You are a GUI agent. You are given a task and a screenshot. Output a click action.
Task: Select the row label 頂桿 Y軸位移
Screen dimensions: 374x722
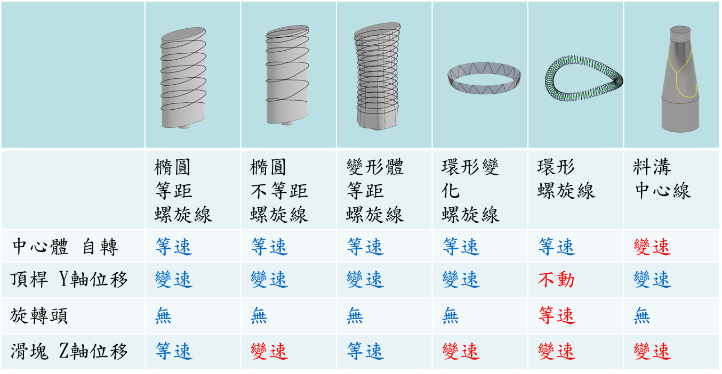point(69,279)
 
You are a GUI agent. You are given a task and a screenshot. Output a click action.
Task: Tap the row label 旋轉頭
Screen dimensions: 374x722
point(39,316)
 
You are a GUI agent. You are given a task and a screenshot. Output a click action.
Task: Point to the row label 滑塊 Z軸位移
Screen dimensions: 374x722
point(69,352)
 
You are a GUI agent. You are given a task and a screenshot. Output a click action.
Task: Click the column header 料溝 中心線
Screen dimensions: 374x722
point(662,180)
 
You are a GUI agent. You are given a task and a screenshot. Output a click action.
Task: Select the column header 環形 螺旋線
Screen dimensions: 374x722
point(566,180)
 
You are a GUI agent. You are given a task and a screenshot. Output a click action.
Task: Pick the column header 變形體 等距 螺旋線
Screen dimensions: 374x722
point(375,191)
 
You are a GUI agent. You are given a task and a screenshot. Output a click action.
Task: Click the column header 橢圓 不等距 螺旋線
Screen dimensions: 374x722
point(279,191)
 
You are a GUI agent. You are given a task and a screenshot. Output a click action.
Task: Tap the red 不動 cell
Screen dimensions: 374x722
point(556,279)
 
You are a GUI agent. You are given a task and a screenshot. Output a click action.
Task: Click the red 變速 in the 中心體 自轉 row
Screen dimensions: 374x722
point(652,247)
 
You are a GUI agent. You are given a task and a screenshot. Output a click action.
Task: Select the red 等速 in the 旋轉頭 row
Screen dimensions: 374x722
point(556,316)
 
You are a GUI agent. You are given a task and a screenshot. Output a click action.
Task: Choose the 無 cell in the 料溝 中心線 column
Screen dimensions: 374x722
point(642,316)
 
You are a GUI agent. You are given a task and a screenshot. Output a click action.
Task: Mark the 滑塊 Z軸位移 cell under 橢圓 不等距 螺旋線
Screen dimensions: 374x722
point(269,352)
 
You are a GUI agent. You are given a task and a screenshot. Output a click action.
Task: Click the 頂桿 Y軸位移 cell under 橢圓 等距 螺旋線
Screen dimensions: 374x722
point(173,279)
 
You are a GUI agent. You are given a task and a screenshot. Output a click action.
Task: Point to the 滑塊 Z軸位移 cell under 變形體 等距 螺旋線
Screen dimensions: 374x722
point(365,352)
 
